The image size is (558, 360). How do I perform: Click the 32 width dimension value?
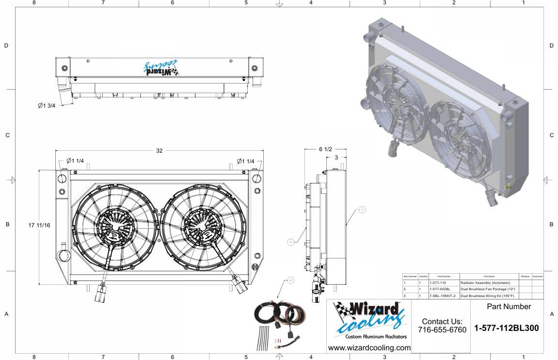159,151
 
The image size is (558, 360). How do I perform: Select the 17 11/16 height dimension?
40,225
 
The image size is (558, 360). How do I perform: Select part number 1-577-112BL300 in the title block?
506,328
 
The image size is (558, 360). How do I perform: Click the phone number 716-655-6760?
442,330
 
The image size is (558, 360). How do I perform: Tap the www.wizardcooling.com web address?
369,348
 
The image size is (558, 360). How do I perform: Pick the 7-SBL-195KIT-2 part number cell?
444,296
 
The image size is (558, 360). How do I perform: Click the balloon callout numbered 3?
290,280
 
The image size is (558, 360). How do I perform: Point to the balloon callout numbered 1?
362,210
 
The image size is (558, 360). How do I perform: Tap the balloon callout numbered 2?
290,241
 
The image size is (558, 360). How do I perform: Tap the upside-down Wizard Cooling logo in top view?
161,68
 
